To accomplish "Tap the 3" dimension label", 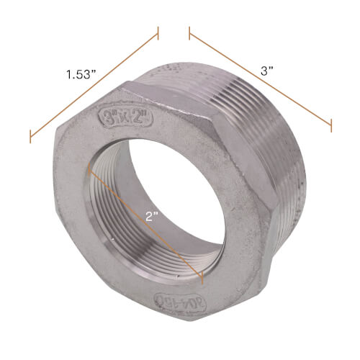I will (268, 71).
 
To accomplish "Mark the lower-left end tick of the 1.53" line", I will (30, 136).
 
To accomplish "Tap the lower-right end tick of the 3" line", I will (331, 125).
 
